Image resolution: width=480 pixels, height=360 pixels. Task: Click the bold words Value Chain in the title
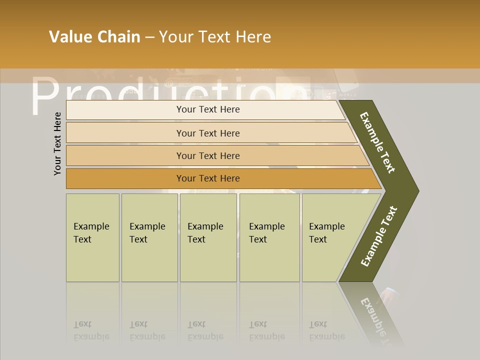[94, 37]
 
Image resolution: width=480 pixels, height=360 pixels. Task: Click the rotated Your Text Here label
[57, 143]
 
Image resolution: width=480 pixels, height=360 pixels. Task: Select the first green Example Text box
[92, 237]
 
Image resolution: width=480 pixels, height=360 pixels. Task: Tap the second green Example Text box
[149, 237]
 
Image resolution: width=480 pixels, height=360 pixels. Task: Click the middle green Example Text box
[208, 237]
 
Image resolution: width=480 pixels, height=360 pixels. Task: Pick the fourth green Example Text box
[269, 237]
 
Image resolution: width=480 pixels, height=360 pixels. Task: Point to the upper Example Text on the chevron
[377, 142]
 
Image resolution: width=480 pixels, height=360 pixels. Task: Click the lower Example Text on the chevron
[378, 236]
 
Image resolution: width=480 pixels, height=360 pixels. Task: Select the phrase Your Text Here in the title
[215, 37]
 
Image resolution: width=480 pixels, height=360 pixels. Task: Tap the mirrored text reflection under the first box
[91, 330]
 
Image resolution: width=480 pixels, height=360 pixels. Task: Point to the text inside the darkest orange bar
[208, 178]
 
